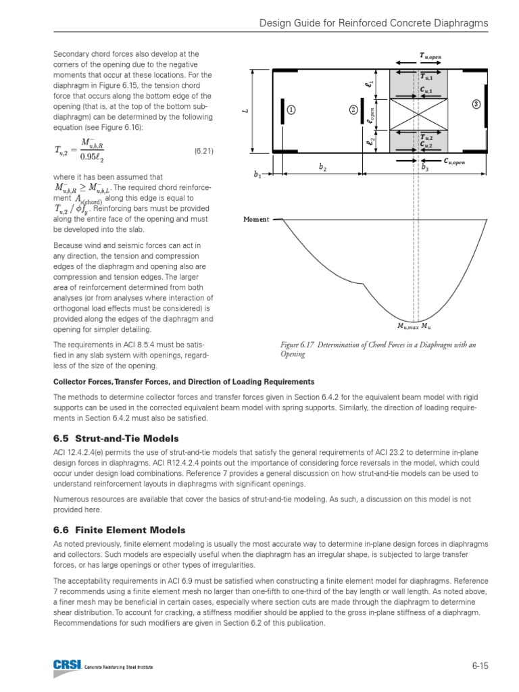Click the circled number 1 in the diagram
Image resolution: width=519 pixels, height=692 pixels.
(x=291, y=110)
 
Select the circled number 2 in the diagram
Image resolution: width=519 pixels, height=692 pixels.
(x=353, y=110)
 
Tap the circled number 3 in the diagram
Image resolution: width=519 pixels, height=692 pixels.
(x=476, y=104)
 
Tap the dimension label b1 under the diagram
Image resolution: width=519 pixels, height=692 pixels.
(x=257, y=175)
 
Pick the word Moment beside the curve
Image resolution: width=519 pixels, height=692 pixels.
(x=256, y=220)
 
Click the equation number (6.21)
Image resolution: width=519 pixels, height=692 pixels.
(x=203, y=151)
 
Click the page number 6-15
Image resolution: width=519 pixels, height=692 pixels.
(x=480, y=666)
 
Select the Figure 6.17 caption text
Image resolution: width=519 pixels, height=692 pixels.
(x=378, y=349)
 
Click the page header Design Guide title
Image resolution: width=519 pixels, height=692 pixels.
(x=374, y=24)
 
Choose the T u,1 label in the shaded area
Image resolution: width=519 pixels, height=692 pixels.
(x=426, y=77)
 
